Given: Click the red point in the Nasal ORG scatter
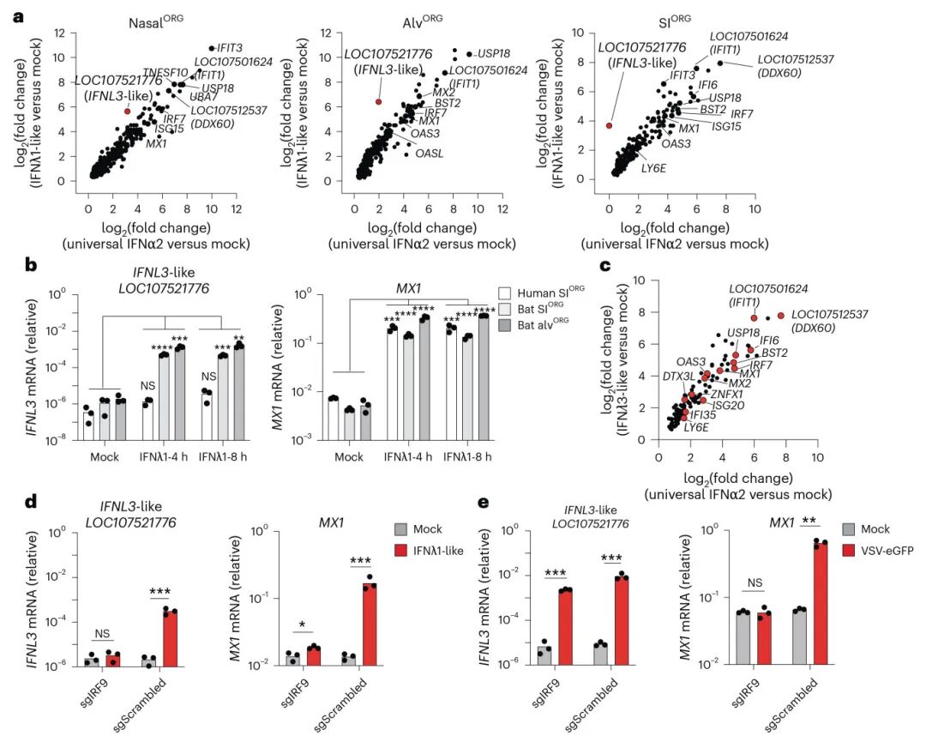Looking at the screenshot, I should click(x=127, y=111).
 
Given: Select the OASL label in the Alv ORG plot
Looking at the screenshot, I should click(x=430, y=154).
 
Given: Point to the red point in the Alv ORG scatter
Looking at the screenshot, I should click(x=378, y=101).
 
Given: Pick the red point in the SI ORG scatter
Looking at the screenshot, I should click(x=609, y=125).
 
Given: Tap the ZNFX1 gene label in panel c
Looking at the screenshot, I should click(x=727, y=394).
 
